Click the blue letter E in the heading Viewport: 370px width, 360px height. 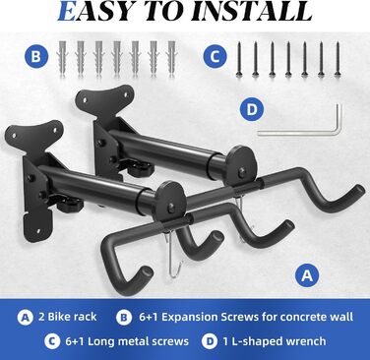click(x=67, y=12)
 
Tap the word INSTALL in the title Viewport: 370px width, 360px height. click(x=252, y=11)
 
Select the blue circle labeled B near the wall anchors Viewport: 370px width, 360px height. click(x=36, y=56)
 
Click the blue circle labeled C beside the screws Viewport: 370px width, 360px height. click(x=215, y=56)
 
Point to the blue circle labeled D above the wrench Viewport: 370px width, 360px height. click(x=252, y=108)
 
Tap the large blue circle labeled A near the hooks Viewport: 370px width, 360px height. click(x=307, y=275)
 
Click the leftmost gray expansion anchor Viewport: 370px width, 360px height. click(x=62, y=58)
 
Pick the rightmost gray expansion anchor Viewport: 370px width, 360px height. click(x=171, y=58)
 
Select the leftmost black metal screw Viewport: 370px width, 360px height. click(x=239, y=60)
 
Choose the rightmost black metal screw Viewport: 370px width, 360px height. click(x=338, y=60)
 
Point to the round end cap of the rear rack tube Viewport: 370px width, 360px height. click(x=242, y=164)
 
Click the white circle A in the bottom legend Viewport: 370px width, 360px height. click(x=26, y=318)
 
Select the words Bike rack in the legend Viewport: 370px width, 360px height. click(x=72, y=317)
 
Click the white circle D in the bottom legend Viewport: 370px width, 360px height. click(x=210, y=341)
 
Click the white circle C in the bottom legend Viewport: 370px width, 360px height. click(x=52, y=341)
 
